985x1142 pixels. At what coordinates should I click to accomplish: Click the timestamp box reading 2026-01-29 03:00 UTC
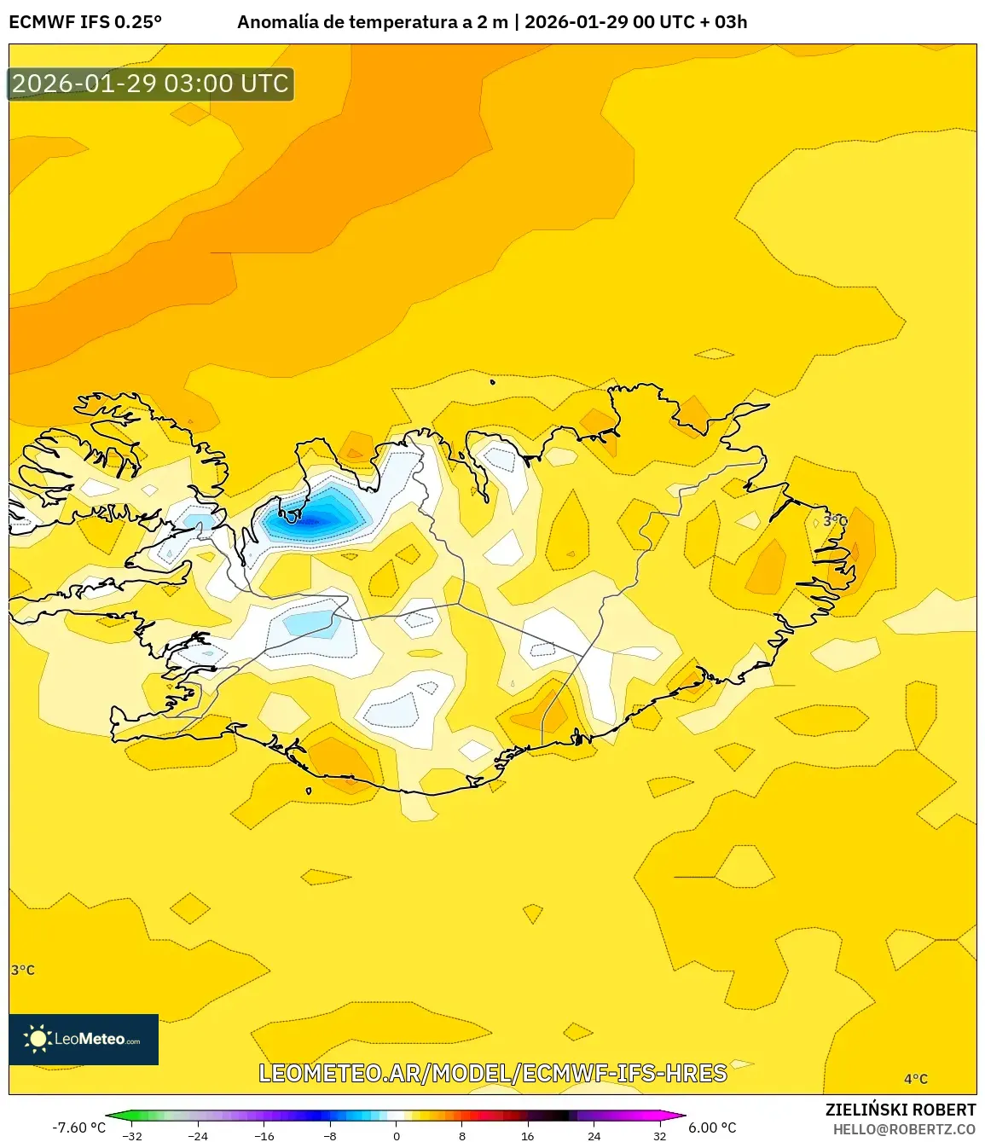tap(150, 84)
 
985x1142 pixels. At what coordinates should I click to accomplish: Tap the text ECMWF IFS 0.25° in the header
tap(85, 22)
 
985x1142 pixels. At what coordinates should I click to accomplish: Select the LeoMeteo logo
tap(84, 1039)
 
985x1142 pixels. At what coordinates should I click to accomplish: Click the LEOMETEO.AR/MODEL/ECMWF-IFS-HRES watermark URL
tap(493, 1073)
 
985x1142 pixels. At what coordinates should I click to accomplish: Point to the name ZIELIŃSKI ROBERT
tap(900, 1110)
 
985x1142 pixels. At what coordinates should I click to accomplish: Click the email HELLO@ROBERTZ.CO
tap(904, 1129)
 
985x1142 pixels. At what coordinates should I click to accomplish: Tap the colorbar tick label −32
tap(131, 1136)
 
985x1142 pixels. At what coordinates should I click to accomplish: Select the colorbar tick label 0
tap(396, 1136)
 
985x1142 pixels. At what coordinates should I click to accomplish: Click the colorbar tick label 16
tap(527, 1136)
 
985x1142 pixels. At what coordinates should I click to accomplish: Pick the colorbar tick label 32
tap(659, 1136)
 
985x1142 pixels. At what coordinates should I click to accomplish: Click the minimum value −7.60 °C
tap(78, 1128)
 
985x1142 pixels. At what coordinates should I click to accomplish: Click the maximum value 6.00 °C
tap(712, 1128)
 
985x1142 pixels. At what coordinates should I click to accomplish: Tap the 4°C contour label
tap(915, 1079)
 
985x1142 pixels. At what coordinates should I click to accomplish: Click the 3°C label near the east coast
tap(835, 520)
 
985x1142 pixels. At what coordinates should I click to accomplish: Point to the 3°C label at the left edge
tap(23, 970)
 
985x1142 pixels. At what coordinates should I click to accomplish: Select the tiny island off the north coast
tap(493, 381)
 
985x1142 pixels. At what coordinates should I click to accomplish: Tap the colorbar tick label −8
tap(330, 1136)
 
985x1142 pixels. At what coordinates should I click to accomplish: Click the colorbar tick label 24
tap(594, 1136)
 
